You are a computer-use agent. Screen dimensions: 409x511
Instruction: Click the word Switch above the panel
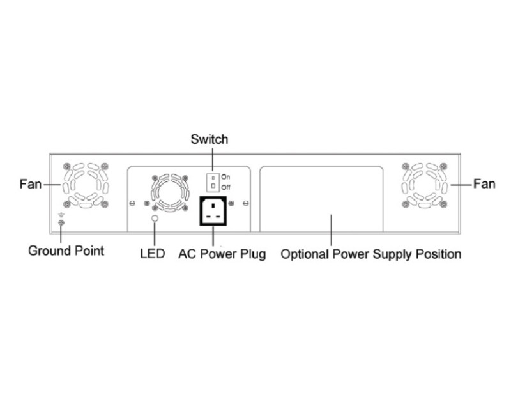click(210, 139)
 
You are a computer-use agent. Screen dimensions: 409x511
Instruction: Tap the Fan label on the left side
click(29, 184)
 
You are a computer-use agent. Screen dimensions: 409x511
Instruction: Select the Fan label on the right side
click(484, 184)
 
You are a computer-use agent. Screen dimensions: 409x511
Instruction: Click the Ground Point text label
click(66, 250)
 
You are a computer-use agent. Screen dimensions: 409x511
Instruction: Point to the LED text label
click(153, 254)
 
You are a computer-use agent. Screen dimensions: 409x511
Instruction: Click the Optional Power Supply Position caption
click(371, 254)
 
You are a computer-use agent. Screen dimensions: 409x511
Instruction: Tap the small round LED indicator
click(154, 219)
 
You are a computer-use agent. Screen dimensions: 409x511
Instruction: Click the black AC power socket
click(215, 211)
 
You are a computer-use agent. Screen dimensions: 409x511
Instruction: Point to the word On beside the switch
click(225, 176)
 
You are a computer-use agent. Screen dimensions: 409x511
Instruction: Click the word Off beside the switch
click(225, 187)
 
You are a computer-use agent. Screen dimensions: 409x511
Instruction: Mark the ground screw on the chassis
click(61, 223)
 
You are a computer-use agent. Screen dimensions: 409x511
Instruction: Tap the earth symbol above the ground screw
click(61, 215)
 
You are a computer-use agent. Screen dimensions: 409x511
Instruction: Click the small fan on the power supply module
click(167, 190)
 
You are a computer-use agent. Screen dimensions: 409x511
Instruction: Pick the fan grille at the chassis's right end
click(425, 184)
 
